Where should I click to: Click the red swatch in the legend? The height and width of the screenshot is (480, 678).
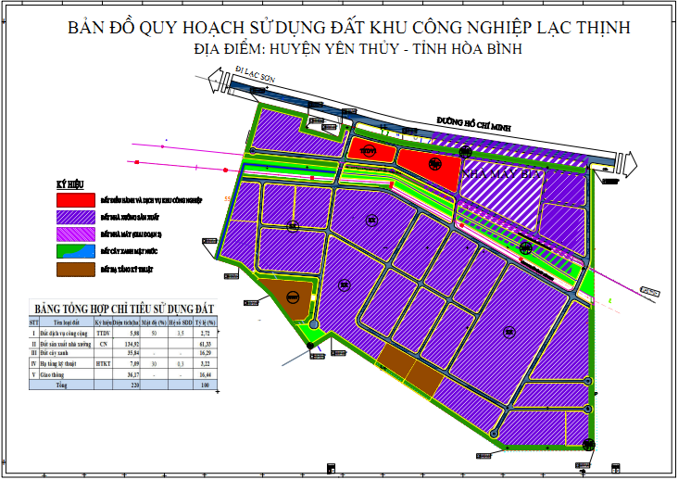[x=75, y=199]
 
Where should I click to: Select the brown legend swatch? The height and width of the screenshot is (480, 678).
[x=75, y=270]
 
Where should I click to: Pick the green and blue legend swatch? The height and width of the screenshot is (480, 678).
[x=75, y=251]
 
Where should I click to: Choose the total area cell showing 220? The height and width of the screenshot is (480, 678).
[x=134, y=385]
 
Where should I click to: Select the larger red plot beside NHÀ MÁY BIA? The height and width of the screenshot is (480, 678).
[x=430, y=167]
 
